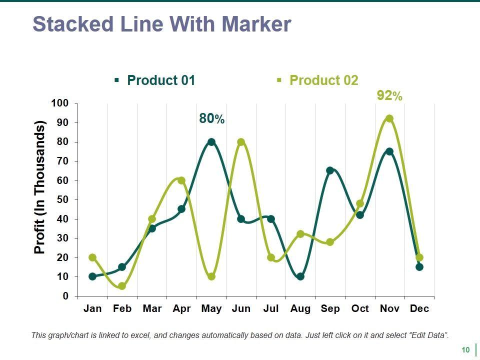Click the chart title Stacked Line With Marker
click(161, 24)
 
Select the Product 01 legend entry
click(160, 80)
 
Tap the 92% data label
click(389, 96)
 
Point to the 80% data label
click(211, 118)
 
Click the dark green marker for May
click(211, 142)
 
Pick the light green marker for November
click(389, 118)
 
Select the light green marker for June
click(241, 142)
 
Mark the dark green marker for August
click(300, 276)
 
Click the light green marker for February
click(122, 286)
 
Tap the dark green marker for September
click(330, 170)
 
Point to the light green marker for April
click(181, 180)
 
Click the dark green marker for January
click(92, 276)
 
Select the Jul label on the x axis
click(270, 308)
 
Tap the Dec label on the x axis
click(419, 308)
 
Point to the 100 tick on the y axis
click(59, 103)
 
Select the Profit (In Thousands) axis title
click(39, 187)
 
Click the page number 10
click(465, 350)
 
